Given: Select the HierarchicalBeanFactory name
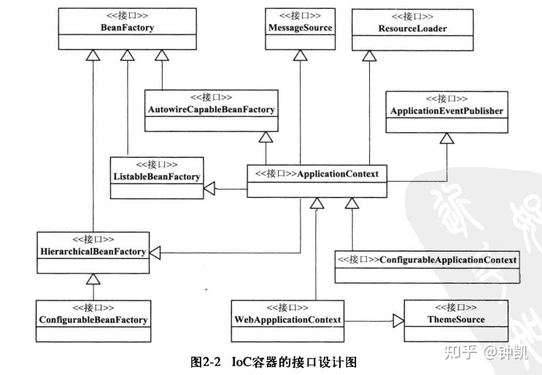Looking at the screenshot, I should point(93,251).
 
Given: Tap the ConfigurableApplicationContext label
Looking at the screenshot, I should point(427,259).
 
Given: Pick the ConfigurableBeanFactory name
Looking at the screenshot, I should point(93,320).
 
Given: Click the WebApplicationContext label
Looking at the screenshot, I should point(287,320).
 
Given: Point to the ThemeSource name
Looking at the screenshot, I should point(455,320).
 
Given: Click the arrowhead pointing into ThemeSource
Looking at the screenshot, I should point(398,320).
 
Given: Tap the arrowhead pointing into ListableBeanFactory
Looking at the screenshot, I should point(209,189).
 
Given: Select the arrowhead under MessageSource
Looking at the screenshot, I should point(299,55).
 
